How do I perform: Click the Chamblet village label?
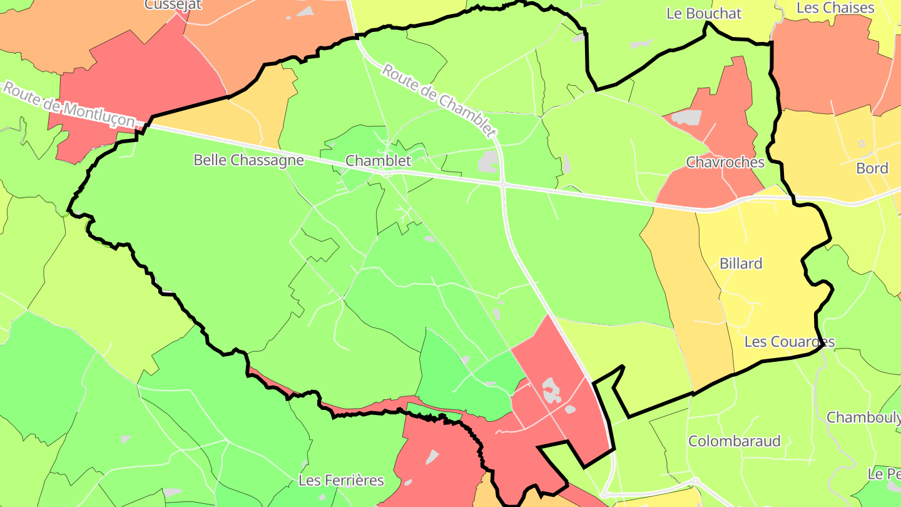pos(379,161)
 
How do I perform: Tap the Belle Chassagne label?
pos(248,160)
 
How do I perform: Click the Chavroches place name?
pos(725,163)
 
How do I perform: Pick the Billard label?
pos(741,264)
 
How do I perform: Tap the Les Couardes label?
pos(789,342)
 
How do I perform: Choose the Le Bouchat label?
pos(704,14)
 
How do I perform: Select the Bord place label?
pos(872,168)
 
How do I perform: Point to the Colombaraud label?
pos(735,441)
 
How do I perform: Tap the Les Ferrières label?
pos(341,481)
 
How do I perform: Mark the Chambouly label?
pos(863,417)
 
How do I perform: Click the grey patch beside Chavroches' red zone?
pos(686,117)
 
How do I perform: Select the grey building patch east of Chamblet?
pos(487,161)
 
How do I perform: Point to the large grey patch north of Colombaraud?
pos(551,391)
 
